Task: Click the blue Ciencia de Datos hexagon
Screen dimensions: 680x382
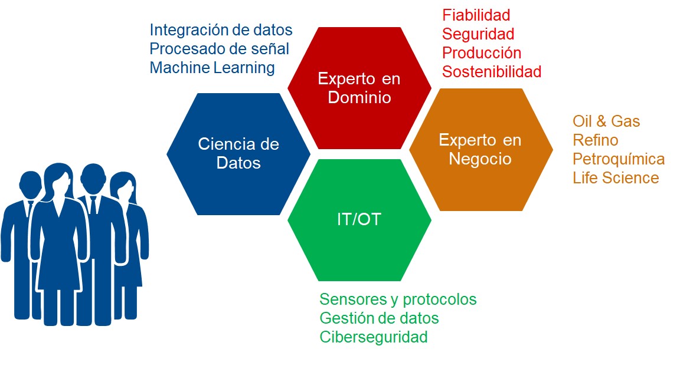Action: [238, 154]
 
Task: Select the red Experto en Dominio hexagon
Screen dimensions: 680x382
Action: [359, 88]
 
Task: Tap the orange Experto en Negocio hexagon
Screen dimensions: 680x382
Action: [481, 150]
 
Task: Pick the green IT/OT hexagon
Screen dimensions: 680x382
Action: [359, 220]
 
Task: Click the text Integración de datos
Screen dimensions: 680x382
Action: [221, 30]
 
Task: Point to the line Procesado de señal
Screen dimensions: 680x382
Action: [219, 49]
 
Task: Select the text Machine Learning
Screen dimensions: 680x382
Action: [212, 68]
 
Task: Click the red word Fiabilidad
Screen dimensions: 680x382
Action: [476, 15]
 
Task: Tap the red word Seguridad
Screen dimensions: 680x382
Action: [478, 34]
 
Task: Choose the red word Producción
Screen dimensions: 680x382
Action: [482, 53]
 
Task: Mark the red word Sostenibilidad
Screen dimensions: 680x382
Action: [492, 71]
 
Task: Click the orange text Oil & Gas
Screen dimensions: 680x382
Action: [606, 121]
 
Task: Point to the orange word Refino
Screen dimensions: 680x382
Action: [596, 140]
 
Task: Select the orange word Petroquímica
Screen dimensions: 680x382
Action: [619, 159]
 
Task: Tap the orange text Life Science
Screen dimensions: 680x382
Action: [616, 177]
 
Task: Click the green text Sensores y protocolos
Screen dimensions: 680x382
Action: [398, 299]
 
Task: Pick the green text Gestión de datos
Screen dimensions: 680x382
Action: [379, 318]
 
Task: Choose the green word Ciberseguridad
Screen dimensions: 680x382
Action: [374, 337]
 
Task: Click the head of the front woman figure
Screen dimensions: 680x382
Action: [58, 180]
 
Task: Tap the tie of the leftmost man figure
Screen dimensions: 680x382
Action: [30, 208]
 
